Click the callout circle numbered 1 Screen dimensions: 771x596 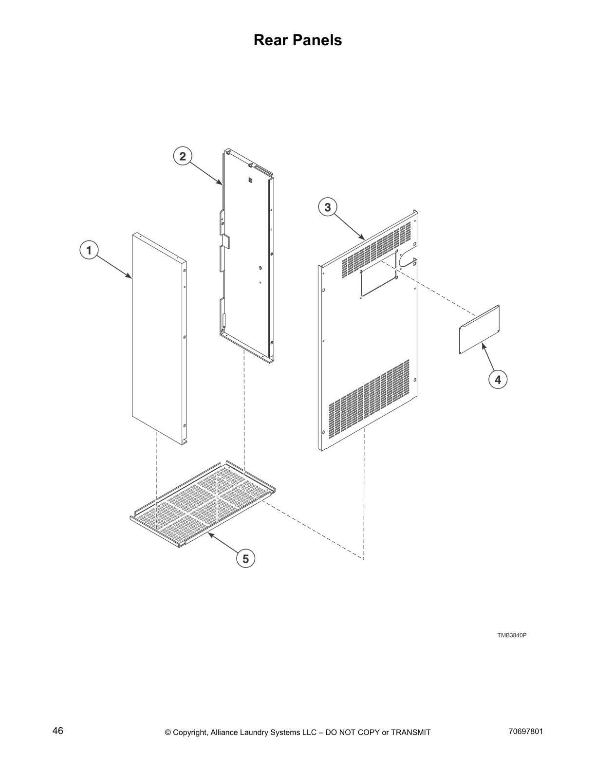pos(89,251)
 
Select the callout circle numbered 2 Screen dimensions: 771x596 pos(183,156)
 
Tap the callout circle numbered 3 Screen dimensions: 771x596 pos(328,207)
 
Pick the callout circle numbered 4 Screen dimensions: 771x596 pos(498,379)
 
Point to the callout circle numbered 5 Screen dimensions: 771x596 pos(245,559)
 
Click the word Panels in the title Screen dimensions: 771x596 pos(318,40)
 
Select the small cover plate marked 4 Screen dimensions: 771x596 pos(480,329)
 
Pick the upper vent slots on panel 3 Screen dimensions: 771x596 pos(375,251)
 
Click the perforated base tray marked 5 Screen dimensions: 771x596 pos(203,504)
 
